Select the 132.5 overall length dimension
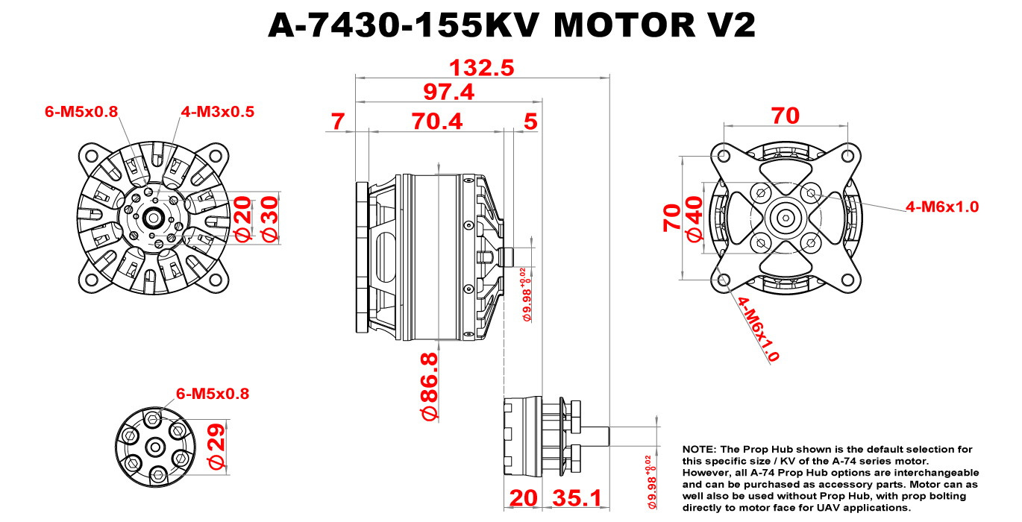pos(481,68)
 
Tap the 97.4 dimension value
pos(448,92)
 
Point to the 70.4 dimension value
pos(436,121)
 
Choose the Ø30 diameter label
pos(269,218)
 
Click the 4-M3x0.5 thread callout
pos(217,112)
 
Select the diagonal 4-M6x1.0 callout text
pos(758,329)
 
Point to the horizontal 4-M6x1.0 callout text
pos(941,207)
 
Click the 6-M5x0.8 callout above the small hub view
pos(212,393)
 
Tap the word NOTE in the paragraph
pos(698,450)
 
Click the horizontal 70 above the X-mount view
pos(785,116)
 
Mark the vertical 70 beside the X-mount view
pos(672,218)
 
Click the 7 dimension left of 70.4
pos(339,121)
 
